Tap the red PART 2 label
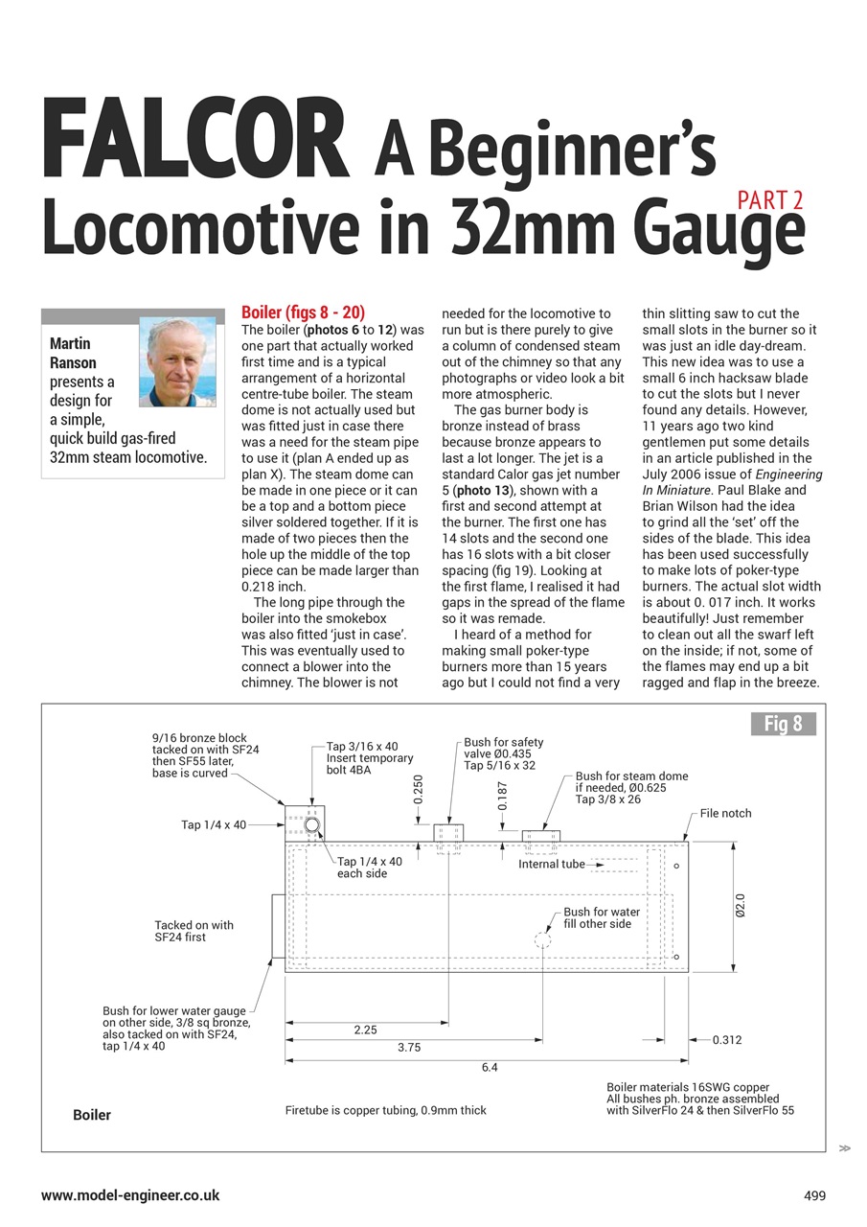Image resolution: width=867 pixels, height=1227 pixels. click(770, 200)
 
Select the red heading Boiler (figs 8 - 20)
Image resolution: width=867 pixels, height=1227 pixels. click(303, 313)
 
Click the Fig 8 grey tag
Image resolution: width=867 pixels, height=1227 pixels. click(783, 724)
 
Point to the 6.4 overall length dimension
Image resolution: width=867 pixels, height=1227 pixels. click(489, 1066)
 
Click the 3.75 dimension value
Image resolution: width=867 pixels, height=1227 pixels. click(409, 1048)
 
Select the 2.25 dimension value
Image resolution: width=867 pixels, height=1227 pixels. click(365, 1030)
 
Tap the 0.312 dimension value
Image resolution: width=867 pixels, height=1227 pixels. click(727, 1040)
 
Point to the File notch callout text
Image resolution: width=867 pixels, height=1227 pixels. click(725, 813)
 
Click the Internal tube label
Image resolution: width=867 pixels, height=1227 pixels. click(552, 864)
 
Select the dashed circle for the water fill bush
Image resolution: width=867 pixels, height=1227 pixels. click(543, 939)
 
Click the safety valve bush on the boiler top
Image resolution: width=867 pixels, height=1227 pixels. click(448, 832)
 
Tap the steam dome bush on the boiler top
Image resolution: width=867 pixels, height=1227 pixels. click(541, 836)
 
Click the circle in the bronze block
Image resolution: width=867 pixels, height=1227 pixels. click(312, 824)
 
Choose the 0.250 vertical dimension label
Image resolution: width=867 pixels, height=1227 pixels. click(419, 790)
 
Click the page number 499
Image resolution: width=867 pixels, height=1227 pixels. click(814, 1195)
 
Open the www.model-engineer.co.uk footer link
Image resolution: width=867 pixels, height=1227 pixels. click(130, 1195)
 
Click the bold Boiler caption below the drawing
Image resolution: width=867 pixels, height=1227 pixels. click(92, 1115)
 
